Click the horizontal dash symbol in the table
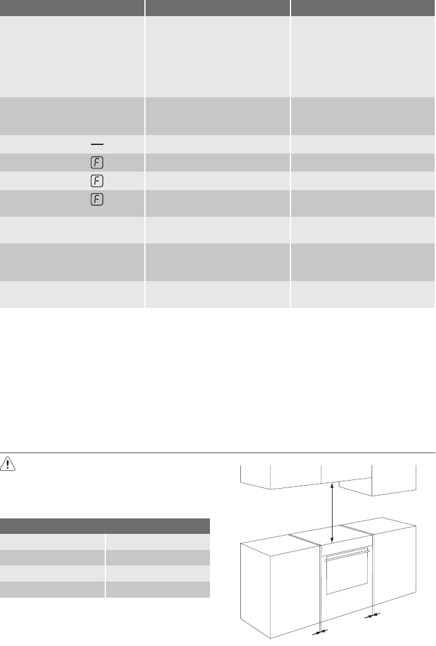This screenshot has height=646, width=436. click(x=97, y=144)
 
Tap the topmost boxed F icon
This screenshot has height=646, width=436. click(x=97, y=163)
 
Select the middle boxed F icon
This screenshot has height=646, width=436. click(x=97, y=181)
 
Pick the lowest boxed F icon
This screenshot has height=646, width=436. click(x=97, y=199)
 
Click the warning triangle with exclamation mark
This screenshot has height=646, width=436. click(x=7, y=463)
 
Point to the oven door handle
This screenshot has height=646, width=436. click(x=347, y=554)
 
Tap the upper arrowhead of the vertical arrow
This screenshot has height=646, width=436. click(x=332, y=487)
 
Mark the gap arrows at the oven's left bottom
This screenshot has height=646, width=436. click(x=320, y=632)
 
